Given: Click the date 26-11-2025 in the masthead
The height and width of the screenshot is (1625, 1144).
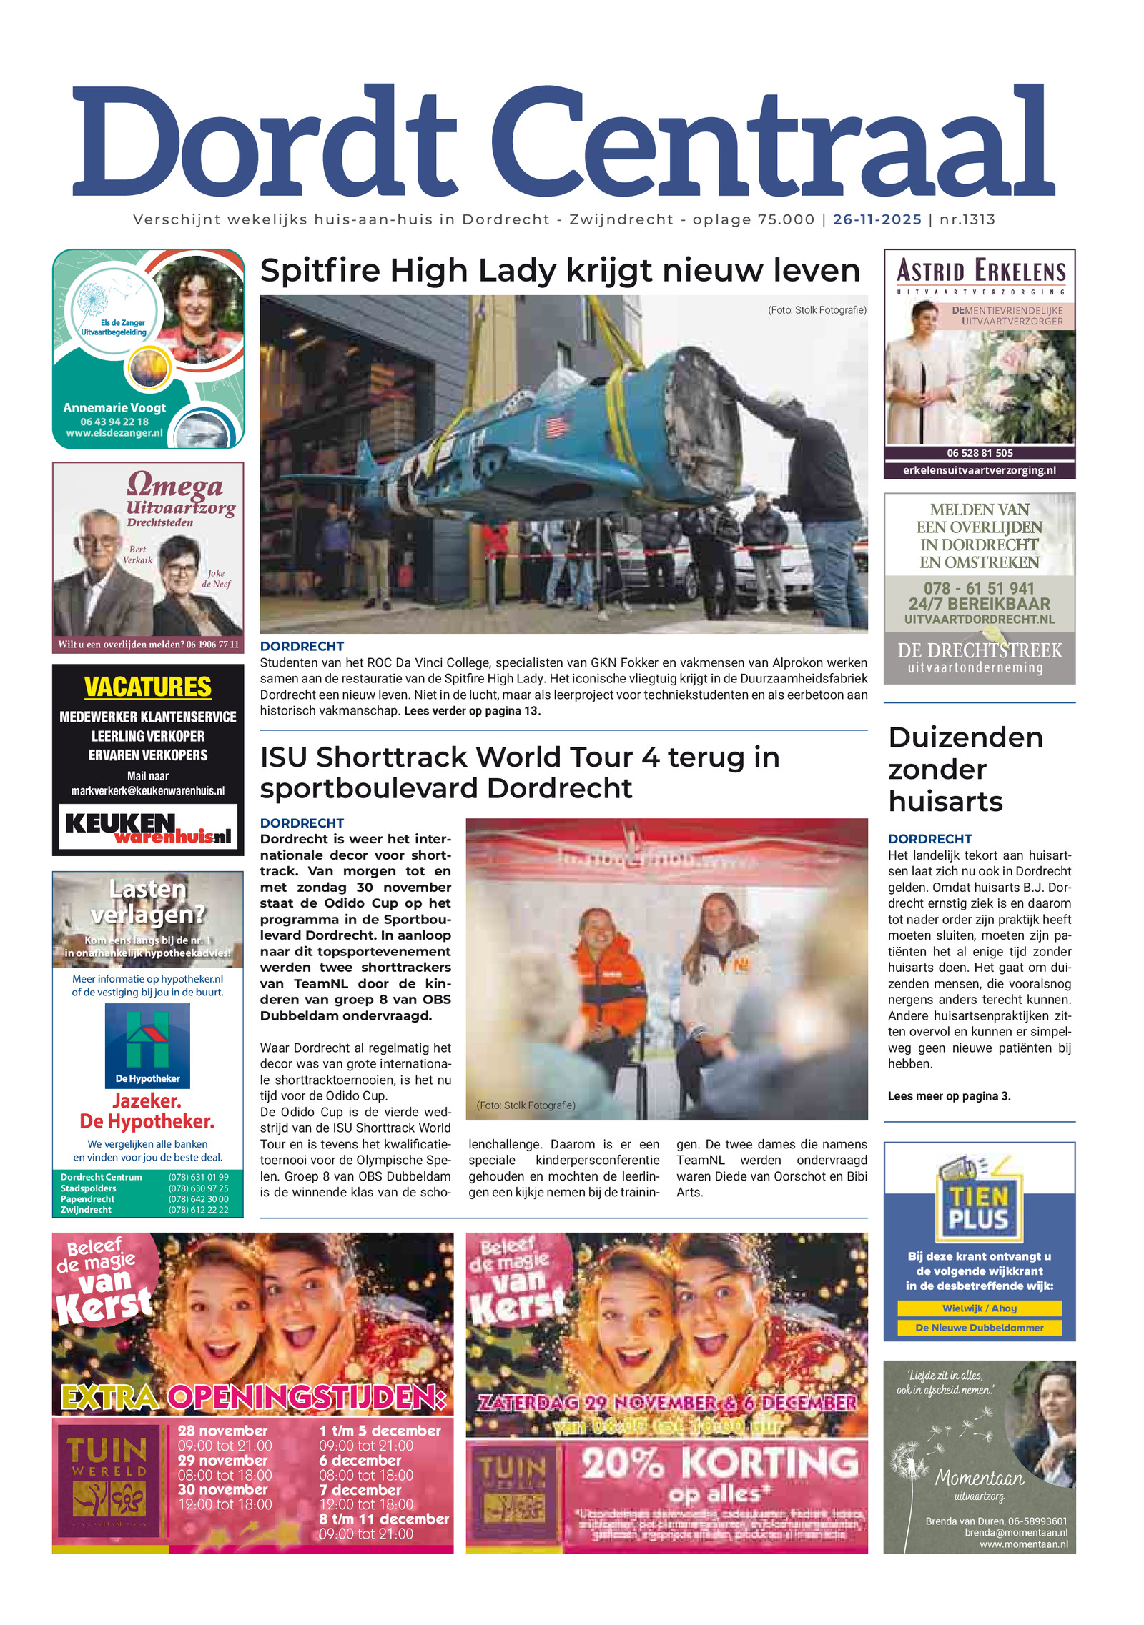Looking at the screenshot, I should pyautogui.click(x=877, y=219).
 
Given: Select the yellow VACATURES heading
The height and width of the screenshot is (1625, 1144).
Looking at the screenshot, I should pyautogui.click(x=148, y=687).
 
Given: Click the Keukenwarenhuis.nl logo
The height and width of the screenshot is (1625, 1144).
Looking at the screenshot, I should pyautogui.click(x=148, y=828).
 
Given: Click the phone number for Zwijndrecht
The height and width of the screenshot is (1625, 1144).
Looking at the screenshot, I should pyautogui.click(x=198, y=1210).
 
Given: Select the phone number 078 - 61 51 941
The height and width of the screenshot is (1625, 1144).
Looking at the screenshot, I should pyautogui.click(x=979, y=588).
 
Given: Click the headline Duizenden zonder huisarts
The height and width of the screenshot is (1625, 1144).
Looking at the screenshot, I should pyautogui.click(x=965, y=769).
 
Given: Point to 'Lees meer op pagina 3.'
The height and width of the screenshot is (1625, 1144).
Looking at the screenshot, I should pyautogui.click(x=949, y=1095).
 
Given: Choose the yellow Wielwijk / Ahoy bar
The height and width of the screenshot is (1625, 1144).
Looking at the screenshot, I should pyautogui.click(x=979, y=1308).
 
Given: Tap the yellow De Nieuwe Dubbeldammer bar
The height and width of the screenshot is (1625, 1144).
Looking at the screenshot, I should pyautogui.click(x=979, y=1327).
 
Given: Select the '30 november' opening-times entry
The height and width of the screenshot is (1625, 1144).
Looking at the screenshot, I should pyautogui.click(x=222, y=1489).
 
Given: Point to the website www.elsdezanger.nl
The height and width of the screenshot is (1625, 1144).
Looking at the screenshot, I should pyautogui.click(x=114, y=433).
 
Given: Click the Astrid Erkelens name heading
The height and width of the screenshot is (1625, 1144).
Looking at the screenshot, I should pyautogui.click(x=980, y=272).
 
